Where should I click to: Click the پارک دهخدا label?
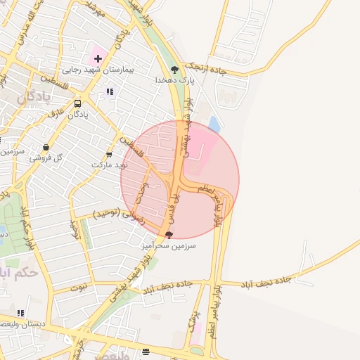point(174,80)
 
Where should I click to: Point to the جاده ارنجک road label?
point(207,68)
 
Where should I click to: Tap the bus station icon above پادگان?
point(77,103)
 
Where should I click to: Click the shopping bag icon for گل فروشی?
point(46,148)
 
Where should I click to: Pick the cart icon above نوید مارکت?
point(108,154)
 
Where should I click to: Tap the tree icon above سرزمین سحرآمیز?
point(168,235)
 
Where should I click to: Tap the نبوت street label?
point(82,287)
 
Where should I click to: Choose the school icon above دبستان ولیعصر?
point(20,312)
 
